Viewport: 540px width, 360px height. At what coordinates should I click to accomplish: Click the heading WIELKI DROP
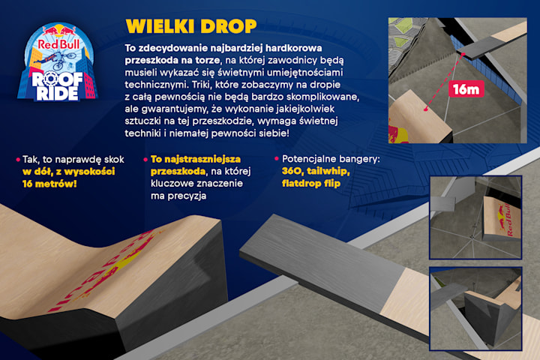click(x=191, y=26)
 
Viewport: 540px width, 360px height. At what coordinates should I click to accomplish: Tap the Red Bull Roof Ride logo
click(x=58, y=62)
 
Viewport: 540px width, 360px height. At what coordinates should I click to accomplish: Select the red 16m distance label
click(x=466, y=89)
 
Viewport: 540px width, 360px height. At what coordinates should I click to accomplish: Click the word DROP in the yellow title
click(x=229, y=26)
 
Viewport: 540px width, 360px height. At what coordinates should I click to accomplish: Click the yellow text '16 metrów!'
click(x=49, y=184)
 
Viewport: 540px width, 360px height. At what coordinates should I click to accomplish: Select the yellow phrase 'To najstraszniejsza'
click(x=196, y=159)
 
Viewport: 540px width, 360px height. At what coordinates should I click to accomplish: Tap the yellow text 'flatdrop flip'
click(x=311, y=183)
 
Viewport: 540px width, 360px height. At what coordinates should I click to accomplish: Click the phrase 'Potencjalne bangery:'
click(x=331, y=159)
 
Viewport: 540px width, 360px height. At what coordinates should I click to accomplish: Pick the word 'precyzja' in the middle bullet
click(x=178, y=196)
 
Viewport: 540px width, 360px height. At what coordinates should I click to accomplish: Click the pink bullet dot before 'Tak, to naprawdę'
click(x=18, y=160)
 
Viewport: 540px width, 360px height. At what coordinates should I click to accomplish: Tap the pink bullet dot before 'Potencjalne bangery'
click(x=277, y=158)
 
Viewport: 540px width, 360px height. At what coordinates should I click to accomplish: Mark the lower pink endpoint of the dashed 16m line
click(x=426, y=109)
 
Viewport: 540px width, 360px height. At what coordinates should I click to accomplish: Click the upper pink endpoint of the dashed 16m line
click(x=463, y=54)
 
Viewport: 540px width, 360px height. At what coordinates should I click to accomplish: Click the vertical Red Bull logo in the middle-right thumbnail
click(x=505, y=220)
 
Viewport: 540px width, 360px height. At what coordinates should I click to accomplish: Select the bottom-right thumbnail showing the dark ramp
click(x=475, y=309)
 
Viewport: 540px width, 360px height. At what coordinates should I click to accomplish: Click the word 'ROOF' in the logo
click(x=57, y=80)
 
